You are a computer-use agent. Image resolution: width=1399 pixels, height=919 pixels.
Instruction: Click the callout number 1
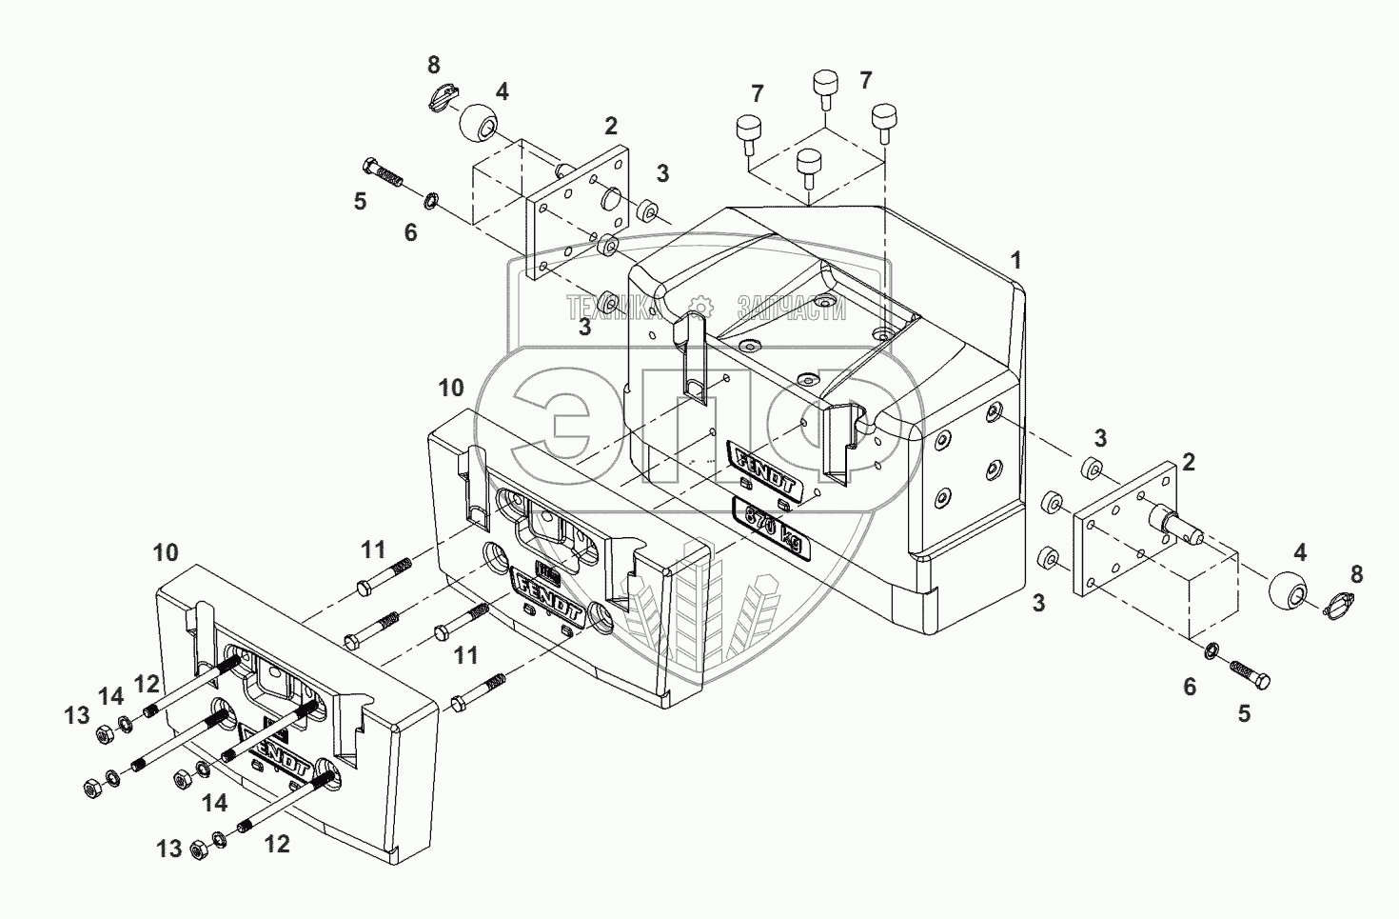click(x=1016, y=259)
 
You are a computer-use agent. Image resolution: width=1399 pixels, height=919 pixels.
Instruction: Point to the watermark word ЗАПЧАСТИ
click(x=791, y=307)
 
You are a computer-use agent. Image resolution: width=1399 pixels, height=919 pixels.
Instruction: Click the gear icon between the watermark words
click(x=699, y=307)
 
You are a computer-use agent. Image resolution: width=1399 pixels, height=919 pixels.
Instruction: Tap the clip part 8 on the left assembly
click(x=441, y=95)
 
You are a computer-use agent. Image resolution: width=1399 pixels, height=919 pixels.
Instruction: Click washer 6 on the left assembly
click(x=431, y=201)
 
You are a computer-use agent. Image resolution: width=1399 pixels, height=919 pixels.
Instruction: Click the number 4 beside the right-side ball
click(x=1300, y=551)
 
